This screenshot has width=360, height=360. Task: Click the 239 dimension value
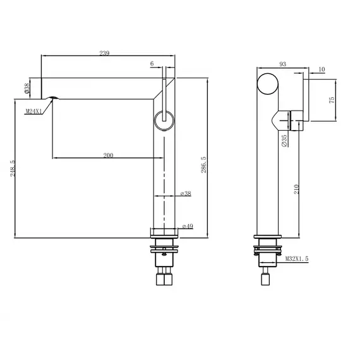click(105, 54)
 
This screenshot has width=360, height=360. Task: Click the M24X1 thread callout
click(34, 111)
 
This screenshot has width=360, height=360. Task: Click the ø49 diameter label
click(187, 225)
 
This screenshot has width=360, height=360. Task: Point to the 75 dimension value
click(333, 100)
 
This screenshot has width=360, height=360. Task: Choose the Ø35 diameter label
click(285, 140)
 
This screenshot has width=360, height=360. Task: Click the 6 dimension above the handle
click(152, 64)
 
